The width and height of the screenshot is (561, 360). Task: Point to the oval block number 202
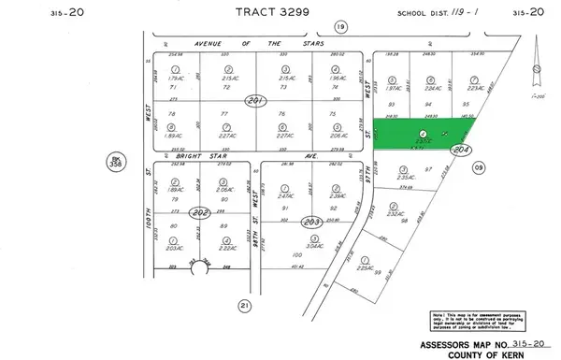point(197,213)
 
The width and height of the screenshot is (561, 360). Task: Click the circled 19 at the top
point(289,27)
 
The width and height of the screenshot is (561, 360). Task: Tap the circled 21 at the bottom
point(246,305)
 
